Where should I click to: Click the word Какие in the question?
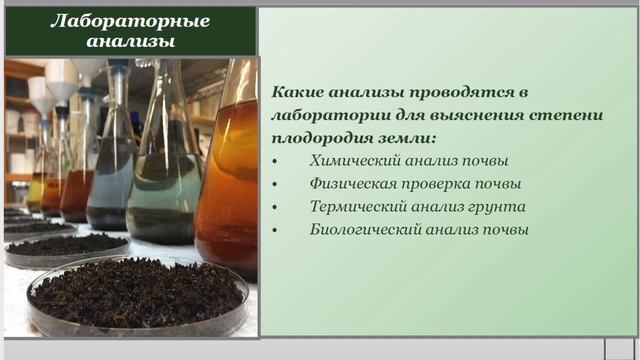pos(297,91)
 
